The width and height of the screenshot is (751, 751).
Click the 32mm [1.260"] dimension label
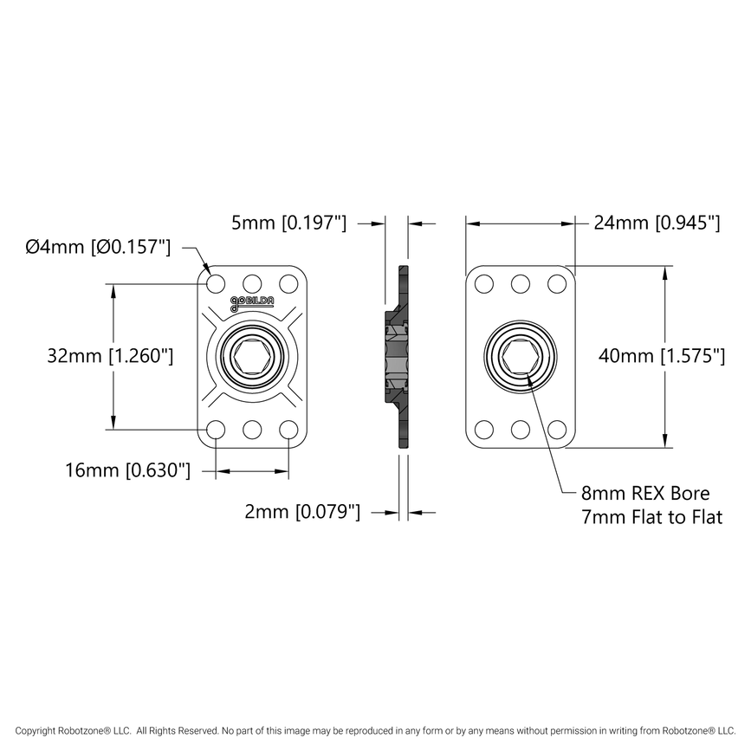click(111, 355)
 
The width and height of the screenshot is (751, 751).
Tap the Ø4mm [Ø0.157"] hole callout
click(98, 247)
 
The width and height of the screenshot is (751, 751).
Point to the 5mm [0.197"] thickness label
click(288, 223)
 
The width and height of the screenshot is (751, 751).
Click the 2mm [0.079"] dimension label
click(301, 512)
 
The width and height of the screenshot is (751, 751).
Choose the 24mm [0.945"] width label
click(657, 223)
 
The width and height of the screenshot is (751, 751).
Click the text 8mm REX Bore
click(645, 494)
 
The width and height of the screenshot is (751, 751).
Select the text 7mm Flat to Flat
click(651, 517)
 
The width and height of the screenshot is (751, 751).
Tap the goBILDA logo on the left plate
click(252, 302)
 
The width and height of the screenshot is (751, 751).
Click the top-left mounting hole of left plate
click(216, 283)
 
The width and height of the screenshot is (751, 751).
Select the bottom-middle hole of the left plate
click(252, 429)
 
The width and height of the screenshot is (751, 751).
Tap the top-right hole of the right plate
click(557, 283)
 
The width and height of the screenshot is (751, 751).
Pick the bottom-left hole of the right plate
click(484, 429)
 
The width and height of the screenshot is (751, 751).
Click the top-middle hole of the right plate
click(521, 283)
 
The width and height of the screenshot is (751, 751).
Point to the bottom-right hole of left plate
click(288, 429)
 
